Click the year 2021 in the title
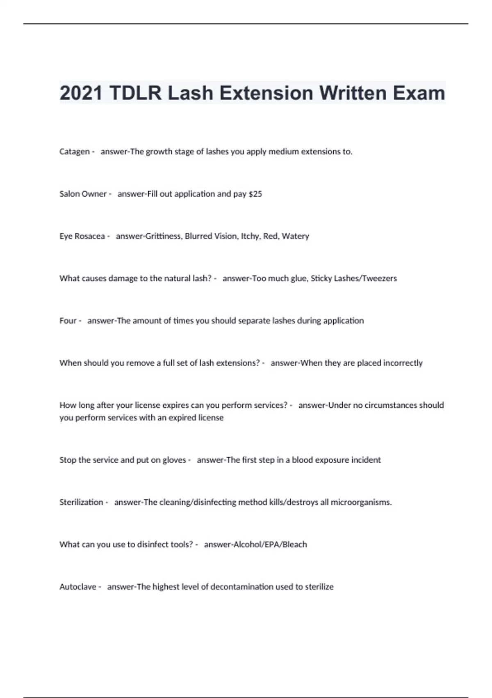pyautogui.click(x=81, y=93)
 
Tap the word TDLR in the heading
pyautogui.click(x=136, y=93)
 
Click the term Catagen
pyautogui.click(x=75, y=152)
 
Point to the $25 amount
pyautogui.click(x=255, y=194)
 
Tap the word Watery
pyautogui.click(x=295, y=236)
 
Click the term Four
pyautogui.click(x=68, y=321)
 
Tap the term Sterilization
pyautogui.click(x=81, y=502)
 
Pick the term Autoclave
pyautogui.click(x=78, y=587)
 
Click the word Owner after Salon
pyautogui.click(x=95, y=194)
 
